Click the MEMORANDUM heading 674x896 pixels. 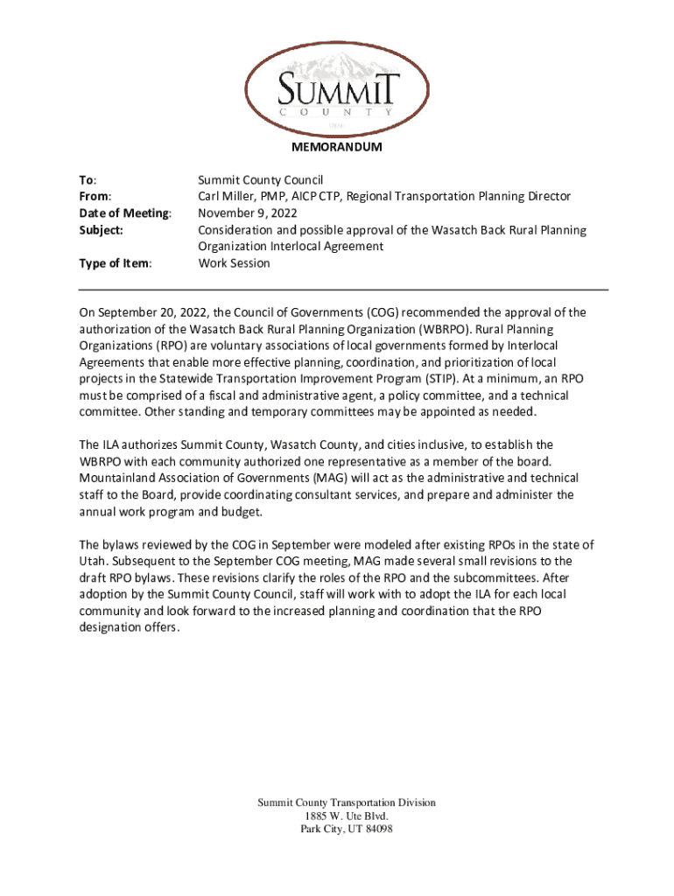tap(336, 147)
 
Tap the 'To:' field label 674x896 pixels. tap(88, 180)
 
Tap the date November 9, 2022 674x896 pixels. tap(247, 213)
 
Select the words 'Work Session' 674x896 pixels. tap(234, 263)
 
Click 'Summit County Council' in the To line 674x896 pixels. tap(260, 180)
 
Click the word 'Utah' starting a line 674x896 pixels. tap(93, 562)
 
